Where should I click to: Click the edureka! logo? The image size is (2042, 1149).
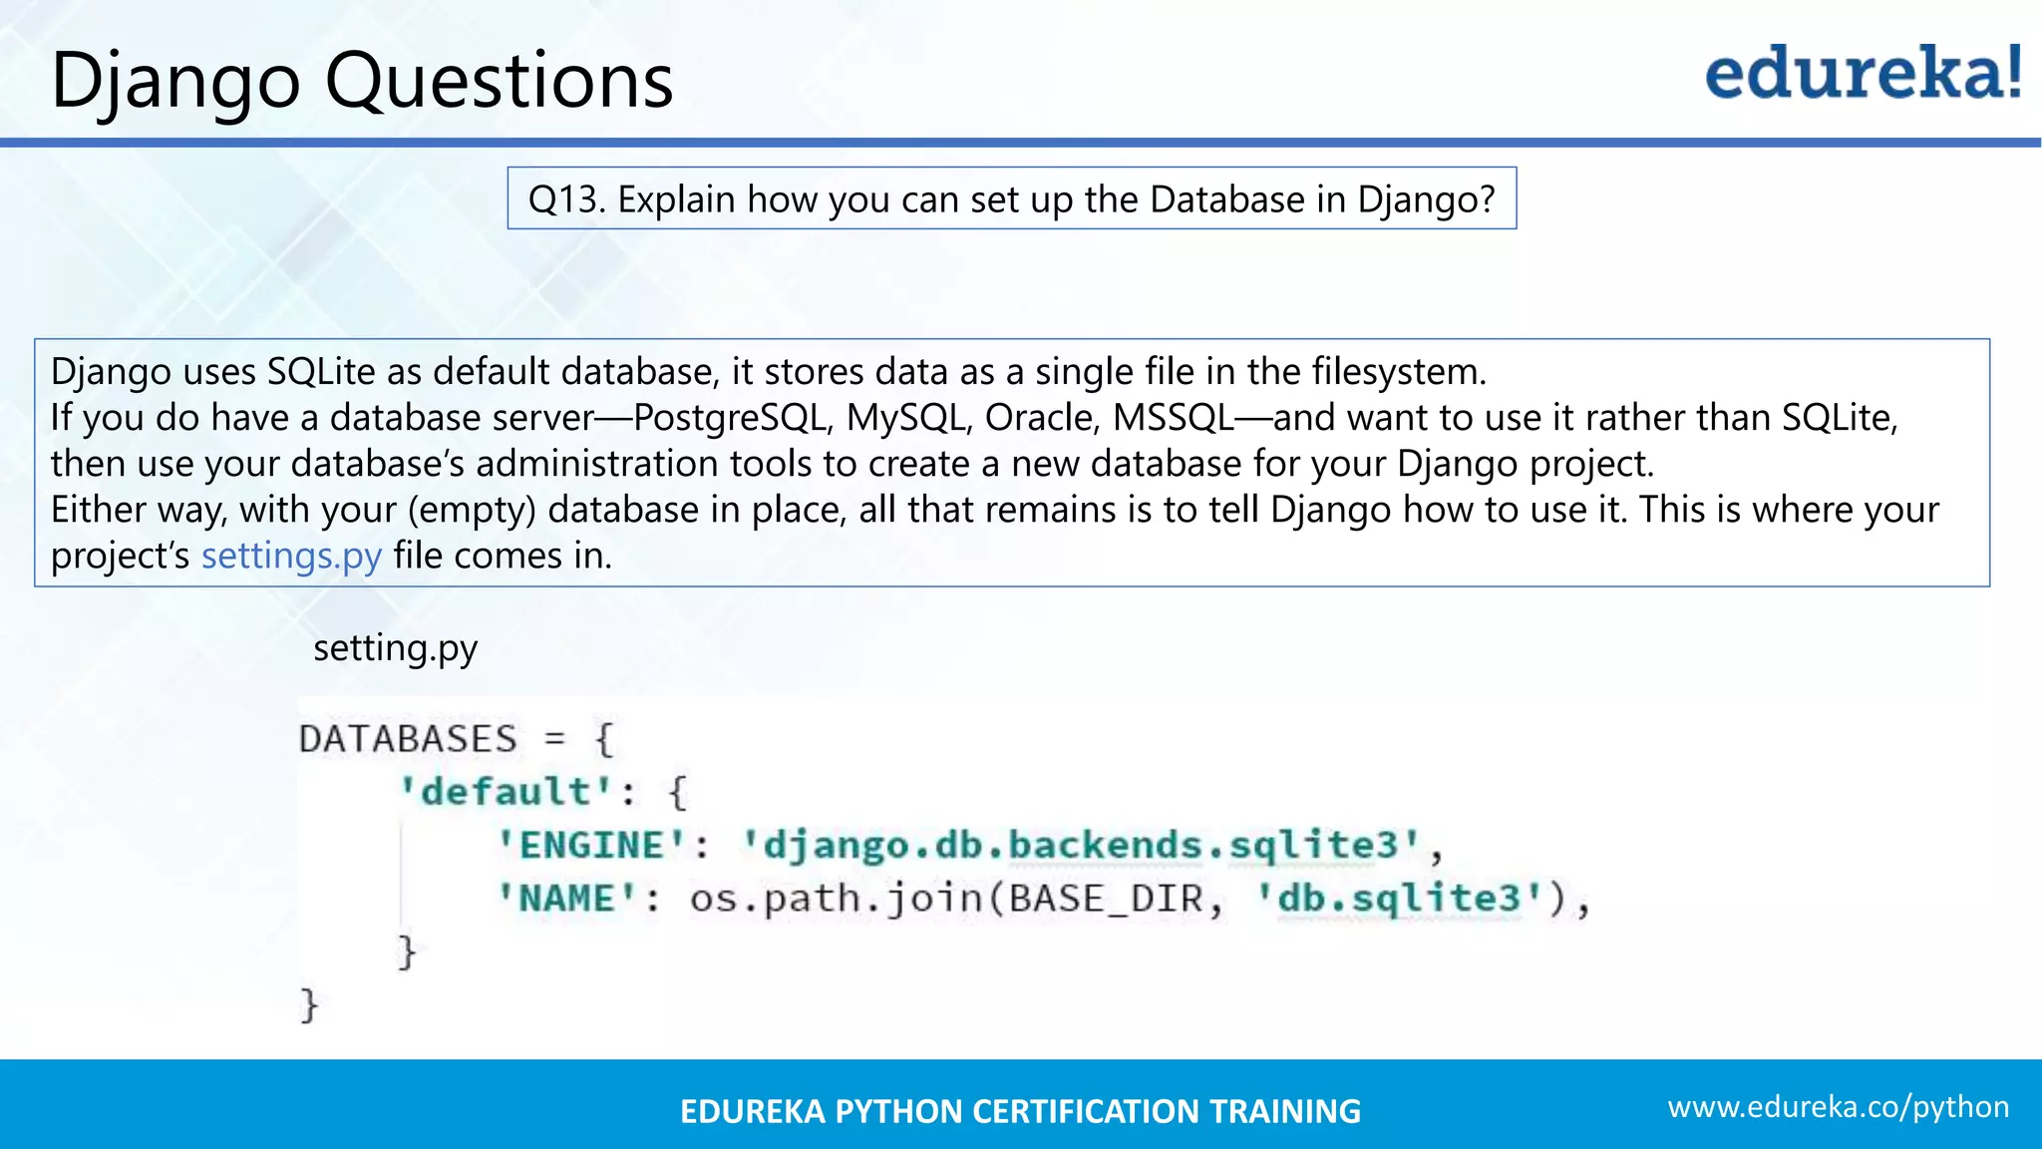coord(1863,74)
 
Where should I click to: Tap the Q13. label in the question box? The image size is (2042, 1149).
coord(566,199)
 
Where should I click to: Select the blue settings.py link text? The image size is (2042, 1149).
coord(291,556)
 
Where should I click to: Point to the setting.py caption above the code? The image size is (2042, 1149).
coord(395,648)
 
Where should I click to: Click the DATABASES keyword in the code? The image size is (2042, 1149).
coord(408,739)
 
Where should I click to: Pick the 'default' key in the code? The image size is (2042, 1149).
coord(506,792)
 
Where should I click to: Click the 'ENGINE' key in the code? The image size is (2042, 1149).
coord(592,846)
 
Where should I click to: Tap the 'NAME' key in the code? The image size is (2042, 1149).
coord(567,899)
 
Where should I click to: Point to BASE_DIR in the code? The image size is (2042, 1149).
coord(1106,899)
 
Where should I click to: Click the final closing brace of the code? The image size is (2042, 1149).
coord(309,1004)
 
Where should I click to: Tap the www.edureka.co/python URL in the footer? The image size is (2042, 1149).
coord(1838,1107)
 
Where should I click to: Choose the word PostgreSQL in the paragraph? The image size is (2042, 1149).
coord(731,418)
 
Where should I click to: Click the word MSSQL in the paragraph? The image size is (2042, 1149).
coord(1173,418)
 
